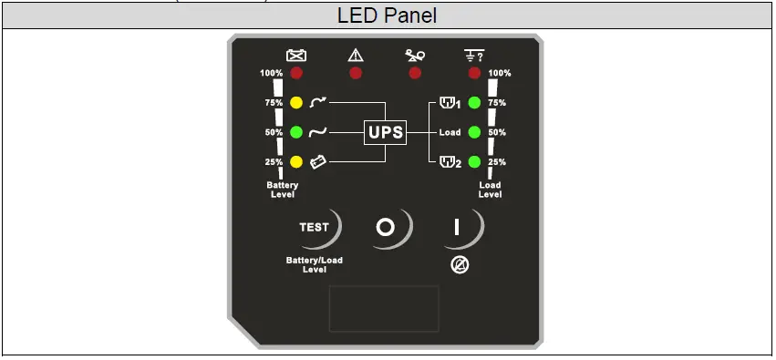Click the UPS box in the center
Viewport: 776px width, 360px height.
[384, 132]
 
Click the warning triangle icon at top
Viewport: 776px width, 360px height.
[356, 56]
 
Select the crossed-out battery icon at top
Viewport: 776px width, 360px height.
[296, 56]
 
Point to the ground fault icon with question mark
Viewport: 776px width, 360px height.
[473, 56]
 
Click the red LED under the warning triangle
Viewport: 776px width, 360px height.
[356, 73]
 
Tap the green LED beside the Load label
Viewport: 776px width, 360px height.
[474, 132]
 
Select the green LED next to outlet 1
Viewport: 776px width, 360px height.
[474, 103]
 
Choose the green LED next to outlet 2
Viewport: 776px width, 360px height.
[474, 162]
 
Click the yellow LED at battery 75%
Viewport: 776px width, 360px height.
[296, 103]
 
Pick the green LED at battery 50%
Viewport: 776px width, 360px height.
[296, 132]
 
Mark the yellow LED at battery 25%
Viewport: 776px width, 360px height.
[296, 162]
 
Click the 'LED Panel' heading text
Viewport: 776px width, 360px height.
[388, 15]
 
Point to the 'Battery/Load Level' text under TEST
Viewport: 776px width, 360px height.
[315, 265]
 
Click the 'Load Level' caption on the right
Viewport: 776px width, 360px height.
[490, 190]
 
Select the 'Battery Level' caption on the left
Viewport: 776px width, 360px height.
[283, 190]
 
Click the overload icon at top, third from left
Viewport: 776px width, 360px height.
[415, 56]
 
